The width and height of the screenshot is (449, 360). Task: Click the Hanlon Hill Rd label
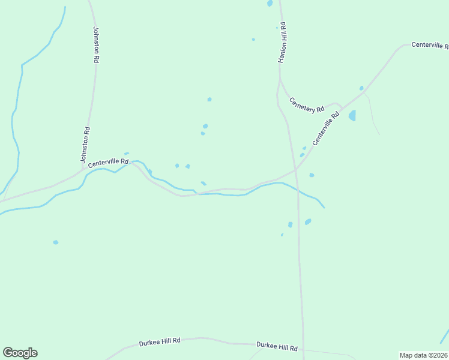(x=282, y=43)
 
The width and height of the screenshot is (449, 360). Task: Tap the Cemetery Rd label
(x=306, y=105)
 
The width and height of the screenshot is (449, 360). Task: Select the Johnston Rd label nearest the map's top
(x=96, y=45)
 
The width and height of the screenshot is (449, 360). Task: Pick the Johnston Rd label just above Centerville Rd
(x=86, y=145)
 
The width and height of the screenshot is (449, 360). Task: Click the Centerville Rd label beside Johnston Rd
(x=108, y=162)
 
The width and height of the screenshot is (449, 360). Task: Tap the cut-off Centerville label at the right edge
(x=429, y=46)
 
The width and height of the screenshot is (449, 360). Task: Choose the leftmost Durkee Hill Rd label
(x=160, y=341)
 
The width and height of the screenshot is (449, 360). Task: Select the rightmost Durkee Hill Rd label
(x=277, y=347)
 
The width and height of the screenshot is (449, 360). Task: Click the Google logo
(x=20, y=353)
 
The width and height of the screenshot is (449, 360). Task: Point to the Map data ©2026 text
(x=423, y=355)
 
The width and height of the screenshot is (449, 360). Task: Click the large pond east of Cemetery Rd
(x=352, y=115)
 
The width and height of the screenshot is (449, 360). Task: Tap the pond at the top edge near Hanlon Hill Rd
(x=270, y=3)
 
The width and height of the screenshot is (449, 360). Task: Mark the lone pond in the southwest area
(x=56, y=242)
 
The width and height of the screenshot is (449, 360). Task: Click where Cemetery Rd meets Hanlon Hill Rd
(x=280, y=80)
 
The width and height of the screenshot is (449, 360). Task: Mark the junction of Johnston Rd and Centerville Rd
(x=83, y=170)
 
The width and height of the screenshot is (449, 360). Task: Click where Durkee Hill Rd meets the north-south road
(x=303, y=347)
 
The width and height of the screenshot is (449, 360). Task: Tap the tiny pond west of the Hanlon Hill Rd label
(x=253, y=40)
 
